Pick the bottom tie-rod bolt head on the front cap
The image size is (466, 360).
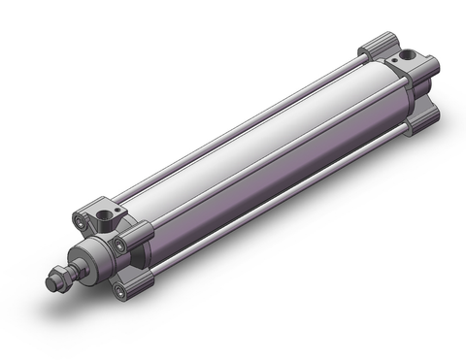click(117, 289)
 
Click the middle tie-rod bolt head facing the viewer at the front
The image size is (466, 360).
click(119, 245)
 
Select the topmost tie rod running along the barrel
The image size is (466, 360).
click(243, 123)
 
